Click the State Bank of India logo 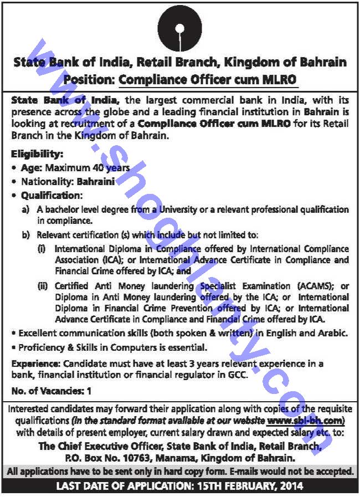click(179, 29)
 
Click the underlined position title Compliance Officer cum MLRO click(208, 79)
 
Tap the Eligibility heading click(37, 153)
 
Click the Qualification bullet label click(52, 196)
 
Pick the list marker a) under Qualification click(25, 209)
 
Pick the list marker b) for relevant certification click(25, 235)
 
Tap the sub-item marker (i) click(42, 249)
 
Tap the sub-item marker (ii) click(43, 286)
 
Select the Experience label click(35, 363)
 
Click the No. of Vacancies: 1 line click(51, 391)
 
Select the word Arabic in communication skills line click(332, 333)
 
